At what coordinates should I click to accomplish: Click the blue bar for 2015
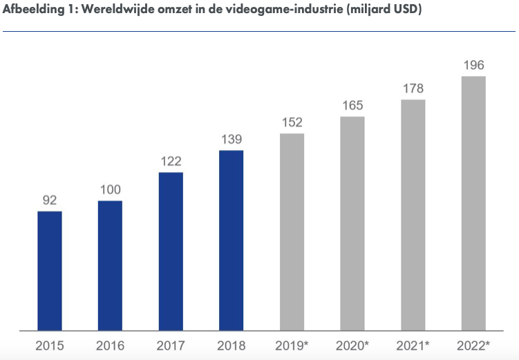pyautogui.click(x=49, y=271)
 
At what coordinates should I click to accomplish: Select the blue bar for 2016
pyautogui.click(x=110, y=265)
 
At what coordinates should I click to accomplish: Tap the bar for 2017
pyautogui.click(x=171, y=252)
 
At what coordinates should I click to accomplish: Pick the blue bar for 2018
pyautogui.click(x=232, y=240)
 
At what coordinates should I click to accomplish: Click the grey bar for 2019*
pyautogui.click(x=292, y=232)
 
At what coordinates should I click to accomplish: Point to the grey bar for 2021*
pyautogui.click(x=413, y=215)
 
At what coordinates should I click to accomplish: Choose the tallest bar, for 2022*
pyautogui.click(x=473, y=203)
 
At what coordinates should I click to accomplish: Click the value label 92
pyautogui.click(x=49, y=200)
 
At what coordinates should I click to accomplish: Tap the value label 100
pyautogui.click(x=110, y=190)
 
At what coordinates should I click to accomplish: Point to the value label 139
pyautogui.click(x=232, y=139)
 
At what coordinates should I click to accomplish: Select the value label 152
pyautogui.click(x=292, y=122)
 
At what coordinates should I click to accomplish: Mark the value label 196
pyautogui.click(x=473, y=65)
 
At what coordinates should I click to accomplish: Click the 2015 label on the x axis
pyautogui.click(x=49, y=345)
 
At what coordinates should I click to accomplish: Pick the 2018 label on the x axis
pyautogui.click(x=232, y=345)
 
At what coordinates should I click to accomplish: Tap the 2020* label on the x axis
pyautogui.click(x=352, y=345)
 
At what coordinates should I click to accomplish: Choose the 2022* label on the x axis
pyautogui.click(x=473, y=345)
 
